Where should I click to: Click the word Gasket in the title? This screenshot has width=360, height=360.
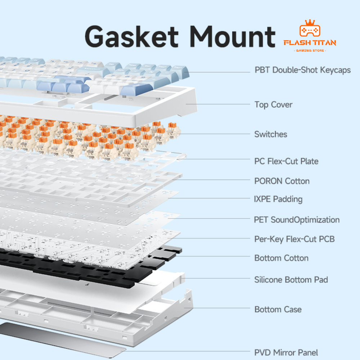coord(131,36)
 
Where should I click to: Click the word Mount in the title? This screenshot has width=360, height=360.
coord(233,36)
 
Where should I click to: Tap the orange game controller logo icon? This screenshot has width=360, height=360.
coord(310,28)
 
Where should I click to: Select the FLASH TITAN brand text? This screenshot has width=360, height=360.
coord(310,43)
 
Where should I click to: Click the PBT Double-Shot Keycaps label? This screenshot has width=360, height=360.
coord(303,70)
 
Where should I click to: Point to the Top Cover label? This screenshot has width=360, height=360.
coord(274,105)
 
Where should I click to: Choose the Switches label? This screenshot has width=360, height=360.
coord(271,134)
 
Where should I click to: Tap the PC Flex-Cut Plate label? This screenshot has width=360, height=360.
coord(286,161)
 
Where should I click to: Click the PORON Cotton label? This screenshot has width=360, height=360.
coord(282,181)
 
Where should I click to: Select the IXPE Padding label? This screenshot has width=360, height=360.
coord(278,199)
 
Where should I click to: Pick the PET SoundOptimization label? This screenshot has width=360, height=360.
coord(297,220)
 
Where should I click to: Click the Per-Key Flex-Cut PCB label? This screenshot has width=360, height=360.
coord(294,239)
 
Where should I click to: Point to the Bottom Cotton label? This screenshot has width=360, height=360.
coord(281,258)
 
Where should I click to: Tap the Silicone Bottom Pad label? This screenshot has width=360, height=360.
coord(291,280)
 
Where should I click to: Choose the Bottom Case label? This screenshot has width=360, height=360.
coord(278,310)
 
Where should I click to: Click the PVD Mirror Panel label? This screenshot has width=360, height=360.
coord(286,352)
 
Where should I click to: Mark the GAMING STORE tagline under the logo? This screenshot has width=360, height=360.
coord(310,50)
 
